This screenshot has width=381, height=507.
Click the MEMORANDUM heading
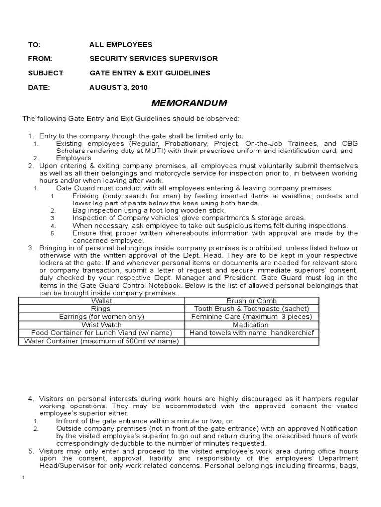(x=189, y=103)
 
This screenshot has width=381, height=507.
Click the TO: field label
(x=34, y=44)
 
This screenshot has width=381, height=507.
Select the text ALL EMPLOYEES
(x=121, y=44)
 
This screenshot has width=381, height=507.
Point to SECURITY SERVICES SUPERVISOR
(x=153, y=58)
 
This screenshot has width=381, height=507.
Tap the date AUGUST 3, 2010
(x=118, y=87)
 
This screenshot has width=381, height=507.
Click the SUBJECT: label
(x=46, y=73)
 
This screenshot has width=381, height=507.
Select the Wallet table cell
(x=102, y=301)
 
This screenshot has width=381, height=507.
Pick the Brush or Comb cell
(x=252, y=301)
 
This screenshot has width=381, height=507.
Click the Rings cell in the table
(x=102, y=308)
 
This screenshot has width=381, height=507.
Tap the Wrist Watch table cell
(x=102, y=325)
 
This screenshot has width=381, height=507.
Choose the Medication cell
(x=252, y=325)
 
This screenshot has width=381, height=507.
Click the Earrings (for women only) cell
(x=102, y=317)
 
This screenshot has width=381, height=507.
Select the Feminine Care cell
(x=252, y=317)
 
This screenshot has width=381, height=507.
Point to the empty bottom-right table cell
(x=252, y=341)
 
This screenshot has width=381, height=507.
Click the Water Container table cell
(x=102, y=341)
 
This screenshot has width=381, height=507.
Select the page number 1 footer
(x=23, y=477)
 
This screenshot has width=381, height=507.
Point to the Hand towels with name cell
(x=252, y=333)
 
